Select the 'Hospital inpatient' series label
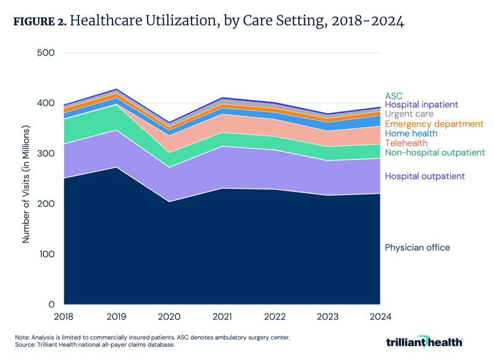pos(421,105)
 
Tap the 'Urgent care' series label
pos(409,114)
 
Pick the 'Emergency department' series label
pos(434,124)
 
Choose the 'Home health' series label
pos(411,133)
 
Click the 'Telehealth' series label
pos(407,143)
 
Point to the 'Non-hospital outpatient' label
pos(435,153)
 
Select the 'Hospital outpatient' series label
pos(425,177)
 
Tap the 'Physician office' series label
pos(417,248)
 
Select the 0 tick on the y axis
pos(52,305)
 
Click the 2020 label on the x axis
pos(169,317)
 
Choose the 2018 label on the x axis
pos(64,317)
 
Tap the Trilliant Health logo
pos(424,341)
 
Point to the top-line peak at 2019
pos(116,89)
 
